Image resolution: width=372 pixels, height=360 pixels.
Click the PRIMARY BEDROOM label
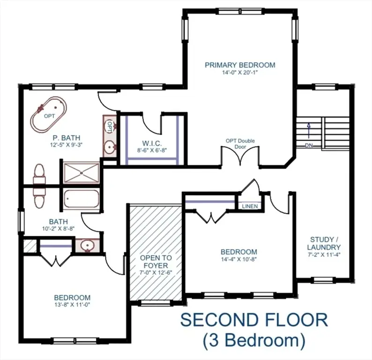pyautogui.click(x=239, y=65)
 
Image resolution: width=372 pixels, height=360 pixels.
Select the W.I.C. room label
pyautogui.click(x=146, y=143)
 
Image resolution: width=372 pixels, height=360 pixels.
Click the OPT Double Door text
pyautogui.click(x=239, y=143)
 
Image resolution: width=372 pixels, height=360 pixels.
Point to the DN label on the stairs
pyautogui.click(x=309, y=145)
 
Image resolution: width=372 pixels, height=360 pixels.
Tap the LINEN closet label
pyautogui.click(x=249, y=206)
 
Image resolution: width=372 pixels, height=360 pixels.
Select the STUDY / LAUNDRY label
pyautogui.click(x=324, y=243)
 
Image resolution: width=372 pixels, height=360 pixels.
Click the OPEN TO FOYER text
pyautogui.click(x=156, y=261)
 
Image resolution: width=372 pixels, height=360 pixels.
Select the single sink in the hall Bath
pyautogui.click(x=86, y=246)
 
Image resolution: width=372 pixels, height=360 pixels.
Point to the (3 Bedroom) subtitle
pyautogui.click(x=254, y=339)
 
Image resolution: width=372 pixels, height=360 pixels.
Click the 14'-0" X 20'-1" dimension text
pyautogui.click(x=239, y=73)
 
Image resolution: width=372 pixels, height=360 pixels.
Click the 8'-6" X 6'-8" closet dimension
pyautogui.click(x=146, y=150)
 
